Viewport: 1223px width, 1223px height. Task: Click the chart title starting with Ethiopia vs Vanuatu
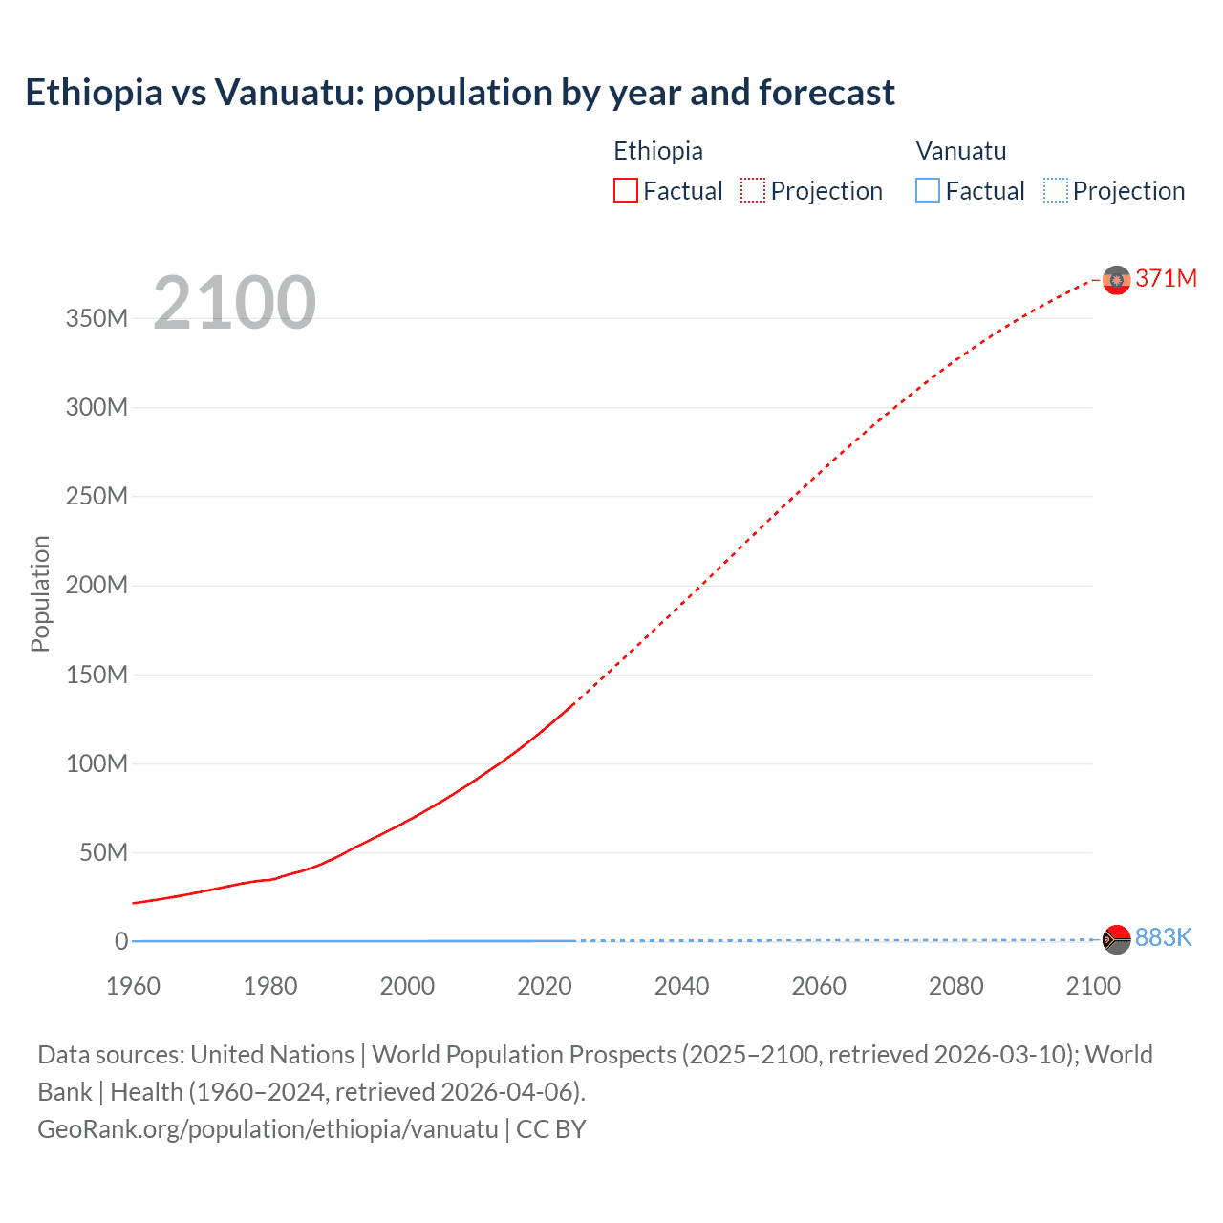pos(460,93)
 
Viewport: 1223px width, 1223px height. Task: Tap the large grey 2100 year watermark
pos(234,303)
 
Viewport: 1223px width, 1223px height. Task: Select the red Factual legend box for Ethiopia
pos(625,191)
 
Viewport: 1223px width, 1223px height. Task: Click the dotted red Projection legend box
pos(753,191)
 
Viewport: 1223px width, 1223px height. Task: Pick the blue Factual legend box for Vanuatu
pos(927,191)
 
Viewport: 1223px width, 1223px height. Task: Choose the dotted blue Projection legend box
pos(1055,191)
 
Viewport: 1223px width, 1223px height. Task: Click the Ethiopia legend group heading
pos(657,151)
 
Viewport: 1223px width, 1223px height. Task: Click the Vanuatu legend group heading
pos(960,151)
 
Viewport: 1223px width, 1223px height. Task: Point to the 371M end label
pos(1166,278)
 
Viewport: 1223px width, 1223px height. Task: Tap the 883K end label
pos(1163,937)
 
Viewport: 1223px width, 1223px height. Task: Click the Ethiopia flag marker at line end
pos(1116,280)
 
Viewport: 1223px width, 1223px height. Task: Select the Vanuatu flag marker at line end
pos(1116,939)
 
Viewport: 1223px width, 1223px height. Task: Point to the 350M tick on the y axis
pos(97,318)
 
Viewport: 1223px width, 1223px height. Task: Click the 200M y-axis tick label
pos(97,585)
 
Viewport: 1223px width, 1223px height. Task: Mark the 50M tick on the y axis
pos(102,852)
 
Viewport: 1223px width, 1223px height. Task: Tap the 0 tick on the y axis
pos(120,941)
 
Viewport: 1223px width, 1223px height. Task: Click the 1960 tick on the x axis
pos(133,986)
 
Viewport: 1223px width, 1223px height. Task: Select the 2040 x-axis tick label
pos(681,986)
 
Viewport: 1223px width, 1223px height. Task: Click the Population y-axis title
pos(40,593)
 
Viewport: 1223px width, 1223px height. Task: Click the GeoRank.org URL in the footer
pos(268,1129)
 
